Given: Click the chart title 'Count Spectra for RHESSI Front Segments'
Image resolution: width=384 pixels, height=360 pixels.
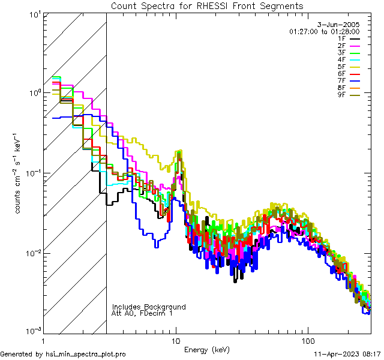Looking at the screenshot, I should (x=207, y=6).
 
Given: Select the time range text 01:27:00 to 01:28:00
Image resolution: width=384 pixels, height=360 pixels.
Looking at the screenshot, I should (x=324, y=31).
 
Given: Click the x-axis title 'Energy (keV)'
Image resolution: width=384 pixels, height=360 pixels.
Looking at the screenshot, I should (x=207, y=350).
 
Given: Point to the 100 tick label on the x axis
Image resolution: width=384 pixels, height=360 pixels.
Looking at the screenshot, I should (x=308, y=340).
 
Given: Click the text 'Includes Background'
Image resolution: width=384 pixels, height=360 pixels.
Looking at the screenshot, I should (x=149, y=307).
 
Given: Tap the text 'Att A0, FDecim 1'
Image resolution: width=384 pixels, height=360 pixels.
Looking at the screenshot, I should (x=142, y=313).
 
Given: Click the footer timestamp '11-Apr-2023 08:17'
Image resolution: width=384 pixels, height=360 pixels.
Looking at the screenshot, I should (x=348, y=354).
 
